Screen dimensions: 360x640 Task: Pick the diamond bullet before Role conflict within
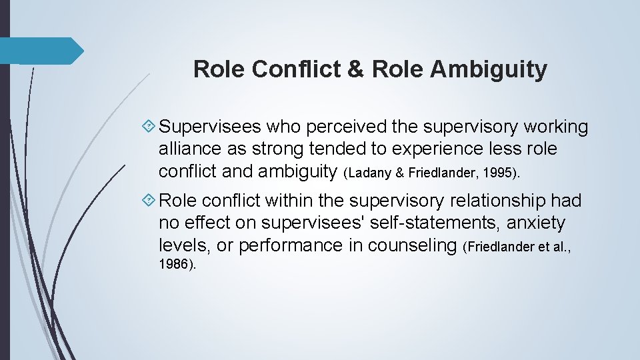pyautogui.click(x=150, y=201)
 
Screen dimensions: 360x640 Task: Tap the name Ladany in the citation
pyautogui.click(x=373, y=173)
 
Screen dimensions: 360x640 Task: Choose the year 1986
pyautogui.click(x=175, y=264)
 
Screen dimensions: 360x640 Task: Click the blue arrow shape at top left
pyautogui.click(x=40, y=51)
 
